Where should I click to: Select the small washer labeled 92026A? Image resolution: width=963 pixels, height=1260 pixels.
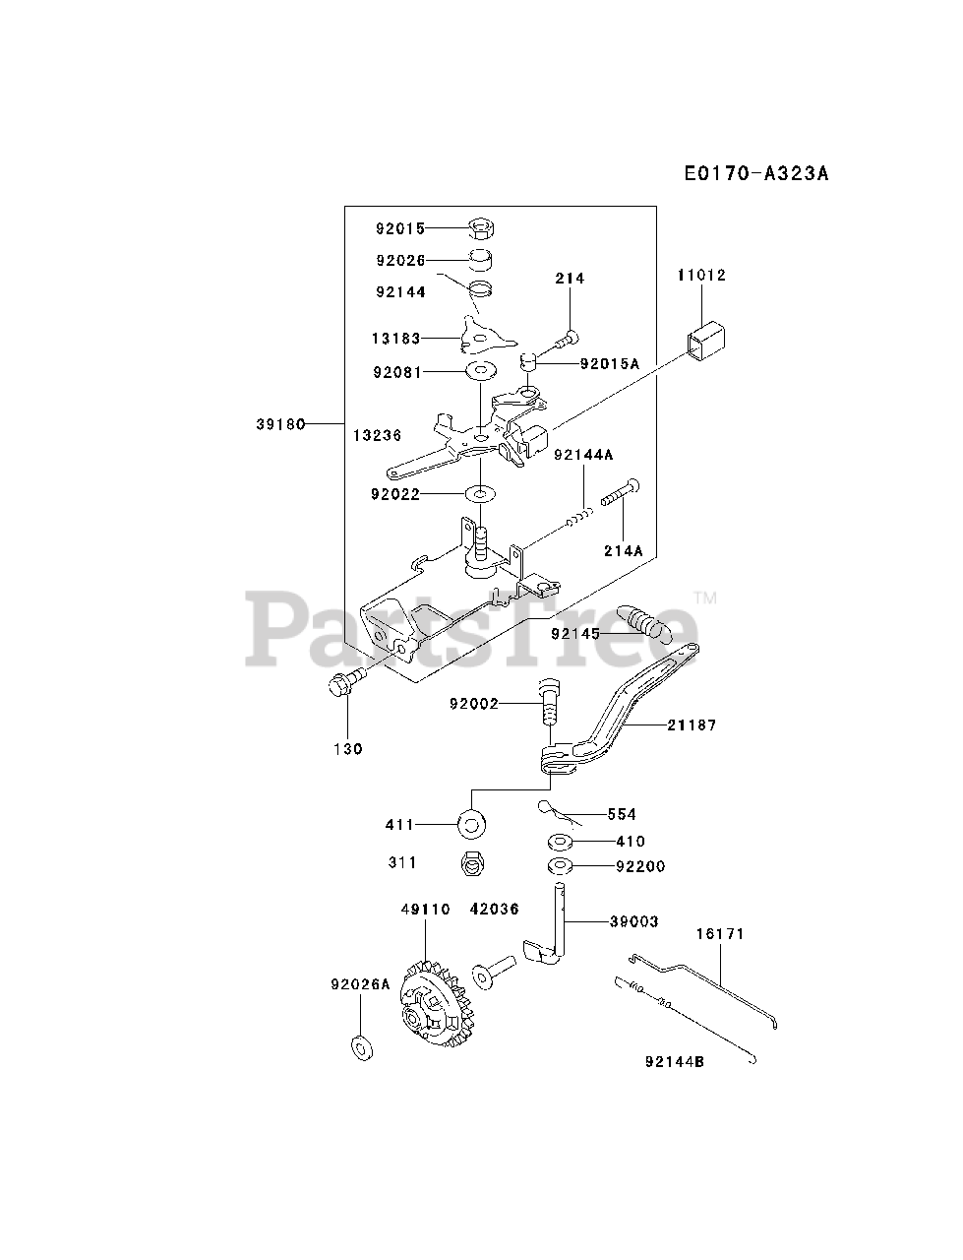[361, 1046]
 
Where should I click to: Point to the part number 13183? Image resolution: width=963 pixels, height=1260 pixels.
[396, 339]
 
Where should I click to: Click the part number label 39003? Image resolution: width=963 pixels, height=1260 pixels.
[633, 921]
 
